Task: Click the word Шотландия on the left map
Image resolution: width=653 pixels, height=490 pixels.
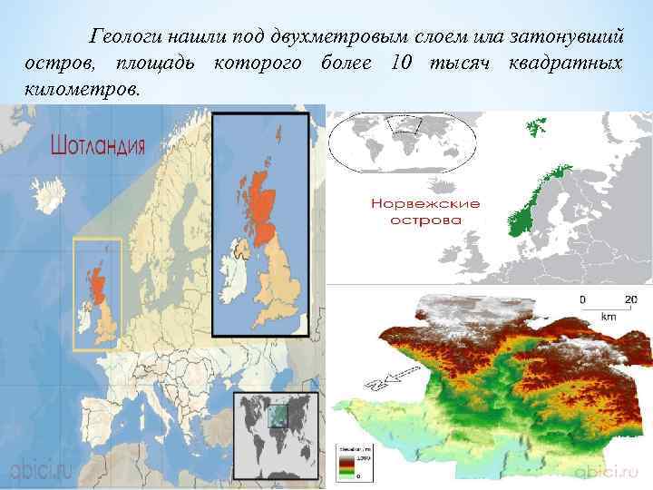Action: point(99,146)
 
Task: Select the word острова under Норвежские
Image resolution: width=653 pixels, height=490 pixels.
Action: point(425,220)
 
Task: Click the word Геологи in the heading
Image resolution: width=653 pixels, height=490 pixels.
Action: point(121,38)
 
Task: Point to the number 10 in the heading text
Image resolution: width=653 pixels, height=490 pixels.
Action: point(400,64)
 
